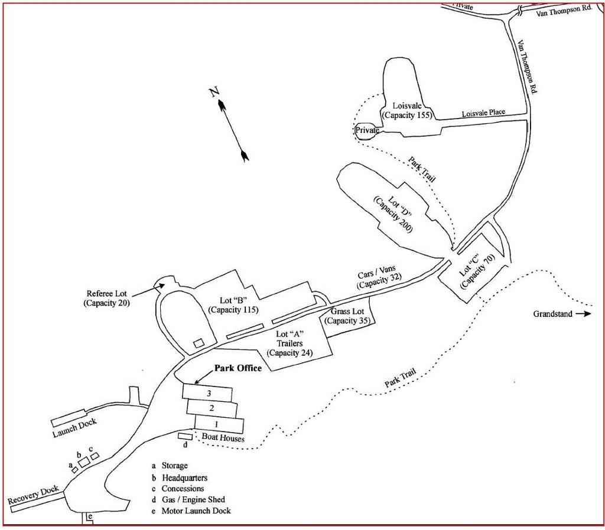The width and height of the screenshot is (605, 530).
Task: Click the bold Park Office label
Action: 238,368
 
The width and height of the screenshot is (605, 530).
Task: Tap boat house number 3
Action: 207,392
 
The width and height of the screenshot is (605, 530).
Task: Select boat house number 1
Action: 219,424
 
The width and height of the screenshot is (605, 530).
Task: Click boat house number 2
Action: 212,408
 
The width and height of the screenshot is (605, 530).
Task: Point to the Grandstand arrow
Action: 583,314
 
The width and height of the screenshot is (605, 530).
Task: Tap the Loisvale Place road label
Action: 483,113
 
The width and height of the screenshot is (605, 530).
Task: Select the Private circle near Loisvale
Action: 366,130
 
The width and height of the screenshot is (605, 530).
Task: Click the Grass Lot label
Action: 347,316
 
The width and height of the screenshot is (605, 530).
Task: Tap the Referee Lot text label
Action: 106,298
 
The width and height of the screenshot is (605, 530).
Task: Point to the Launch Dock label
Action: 74,427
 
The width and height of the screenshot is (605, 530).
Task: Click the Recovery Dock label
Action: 33,495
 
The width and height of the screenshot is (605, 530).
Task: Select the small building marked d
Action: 185,436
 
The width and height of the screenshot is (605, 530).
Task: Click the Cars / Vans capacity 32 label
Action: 378,277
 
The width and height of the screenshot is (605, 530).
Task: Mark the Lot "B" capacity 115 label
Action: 233,305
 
